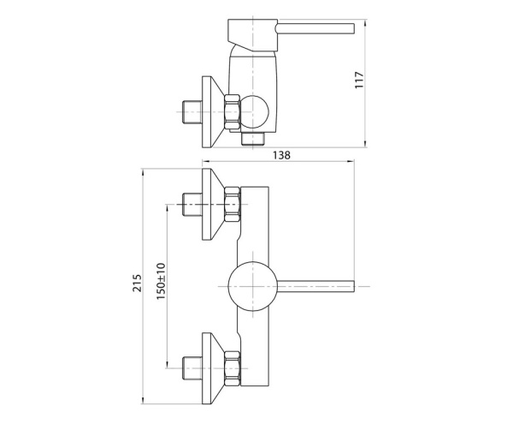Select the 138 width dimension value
coord(280,155)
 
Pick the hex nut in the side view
coord(231,111)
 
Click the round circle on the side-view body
coord(255,111)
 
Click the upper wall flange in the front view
coord(211,205)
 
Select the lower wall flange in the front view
coord(211,366)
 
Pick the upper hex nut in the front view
coord(231,206)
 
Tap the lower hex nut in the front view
coord(231,366)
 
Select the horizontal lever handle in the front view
coord(316,285)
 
